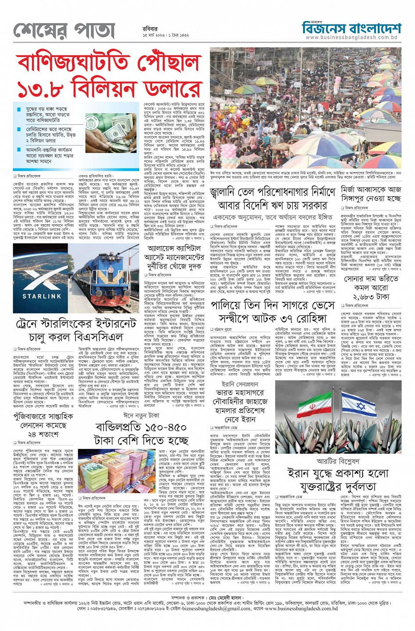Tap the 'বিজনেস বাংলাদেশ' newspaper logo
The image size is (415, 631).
(x=351, y=28)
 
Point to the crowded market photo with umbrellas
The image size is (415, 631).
(x=305, y=108)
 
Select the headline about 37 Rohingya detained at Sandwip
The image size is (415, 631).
(x=273, y=311)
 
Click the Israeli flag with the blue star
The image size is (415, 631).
(x=358, y=407)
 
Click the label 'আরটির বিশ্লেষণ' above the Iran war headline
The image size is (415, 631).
(x=338, y=461)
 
